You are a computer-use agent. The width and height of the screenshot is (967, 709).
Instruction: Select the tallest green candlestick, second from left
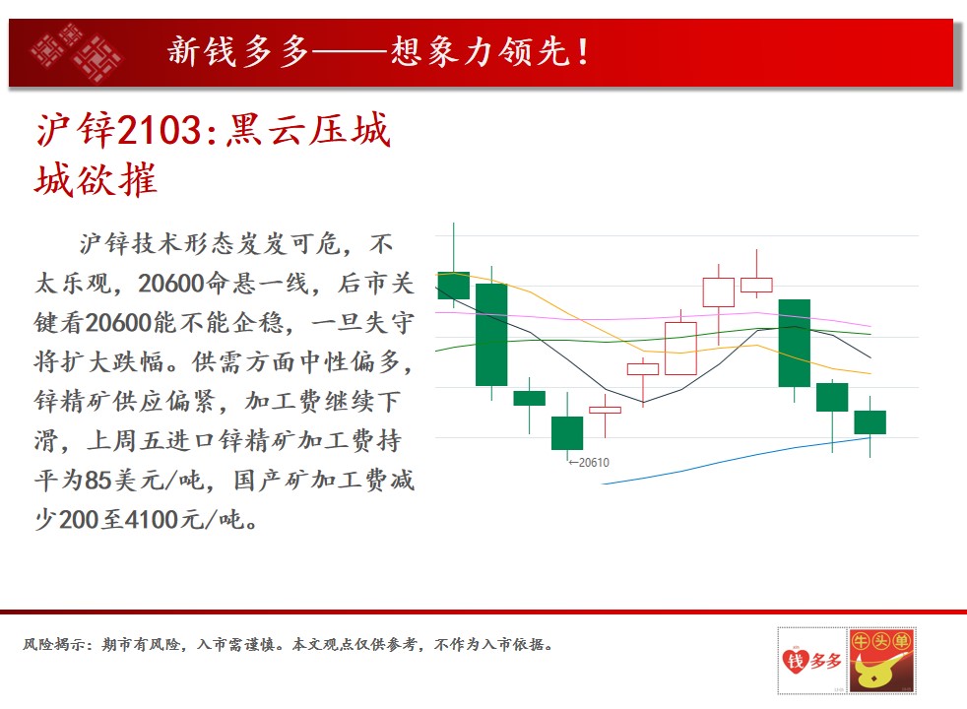click(x=491, y=335)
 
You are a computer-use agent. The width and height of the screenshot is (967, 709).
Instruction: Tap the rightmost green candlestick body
click(x=870, y=422)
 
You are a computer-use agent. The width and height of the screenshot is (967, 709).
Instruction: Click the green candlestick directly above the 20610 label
click(x=567, y=433)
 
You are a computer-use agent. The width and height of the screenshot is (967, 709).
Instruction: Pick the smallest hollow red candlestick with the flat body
click(x=605, y=410)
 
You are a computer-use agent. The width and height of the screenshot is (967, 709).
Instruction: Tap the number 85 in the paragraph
click(x=97, y=481)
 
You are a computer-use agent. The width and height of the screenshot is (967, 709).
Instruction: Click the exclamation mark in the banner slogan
click(x=583, y=52)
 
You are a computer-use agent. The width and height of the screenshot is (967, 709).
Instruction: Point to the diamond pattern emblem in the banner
click(x=75, y=52)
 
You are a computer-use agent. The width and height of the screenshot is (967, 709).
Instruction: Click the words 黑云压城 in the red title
click(x=308, y=130)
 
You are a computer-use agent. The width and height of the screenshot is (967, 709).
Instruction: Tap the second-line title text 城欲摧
click(x=97, y=180)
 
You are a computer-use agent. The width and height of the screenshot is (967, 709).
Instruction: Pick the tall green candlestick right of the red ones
click(x=795, y=343)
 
